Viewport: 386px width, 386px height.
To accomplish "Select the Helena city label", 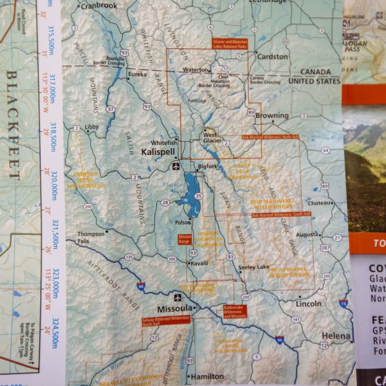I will click(336, 336).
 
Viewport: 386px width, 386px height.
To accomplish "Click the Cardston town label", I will click(272, 57).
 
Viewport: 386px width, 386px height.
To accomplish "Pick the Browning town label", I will click(271, 116).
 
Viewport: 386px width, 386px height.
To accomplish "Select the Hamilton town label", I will click(206, 376).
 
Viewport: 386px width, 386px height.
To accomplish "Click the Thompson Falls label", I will click(91, 237).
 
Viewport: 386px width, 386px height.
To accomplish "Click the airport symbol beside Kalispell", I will click(176, 167).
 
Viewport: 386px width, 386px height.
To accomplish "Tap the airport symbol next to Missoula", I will click(177, 298).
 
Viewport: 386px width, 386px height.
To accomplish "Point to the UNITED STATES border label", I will click(313, 82).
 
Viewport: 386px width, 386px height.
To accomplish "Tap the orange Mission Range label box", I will click(185, 238).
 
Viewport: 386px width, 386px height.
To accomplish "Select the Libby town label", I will click(92, 127).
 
